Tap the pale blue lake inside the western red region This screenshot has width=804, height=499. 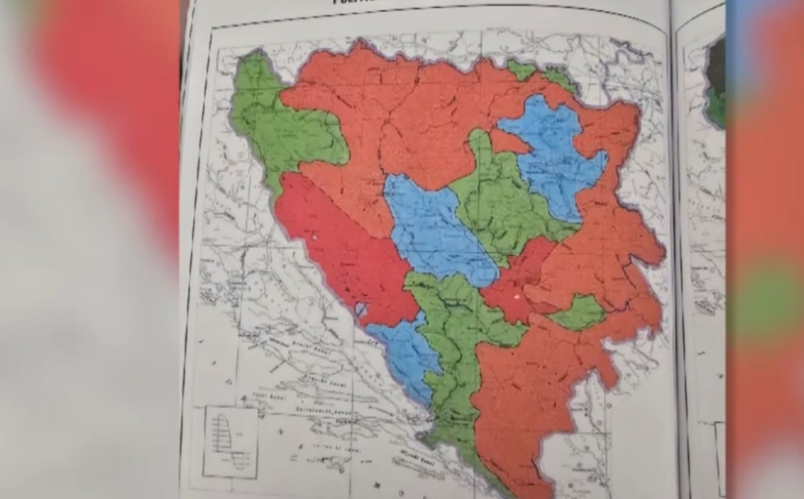point(361,309)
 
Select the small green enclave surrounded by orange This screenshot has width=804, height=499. point(578,313)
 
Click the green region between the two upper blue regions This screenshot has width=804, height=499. point(498,199)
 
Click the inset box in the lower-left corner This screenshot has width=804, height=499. point(230,442)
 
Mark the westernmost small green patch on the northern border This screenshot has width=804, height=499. point(522,70)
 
